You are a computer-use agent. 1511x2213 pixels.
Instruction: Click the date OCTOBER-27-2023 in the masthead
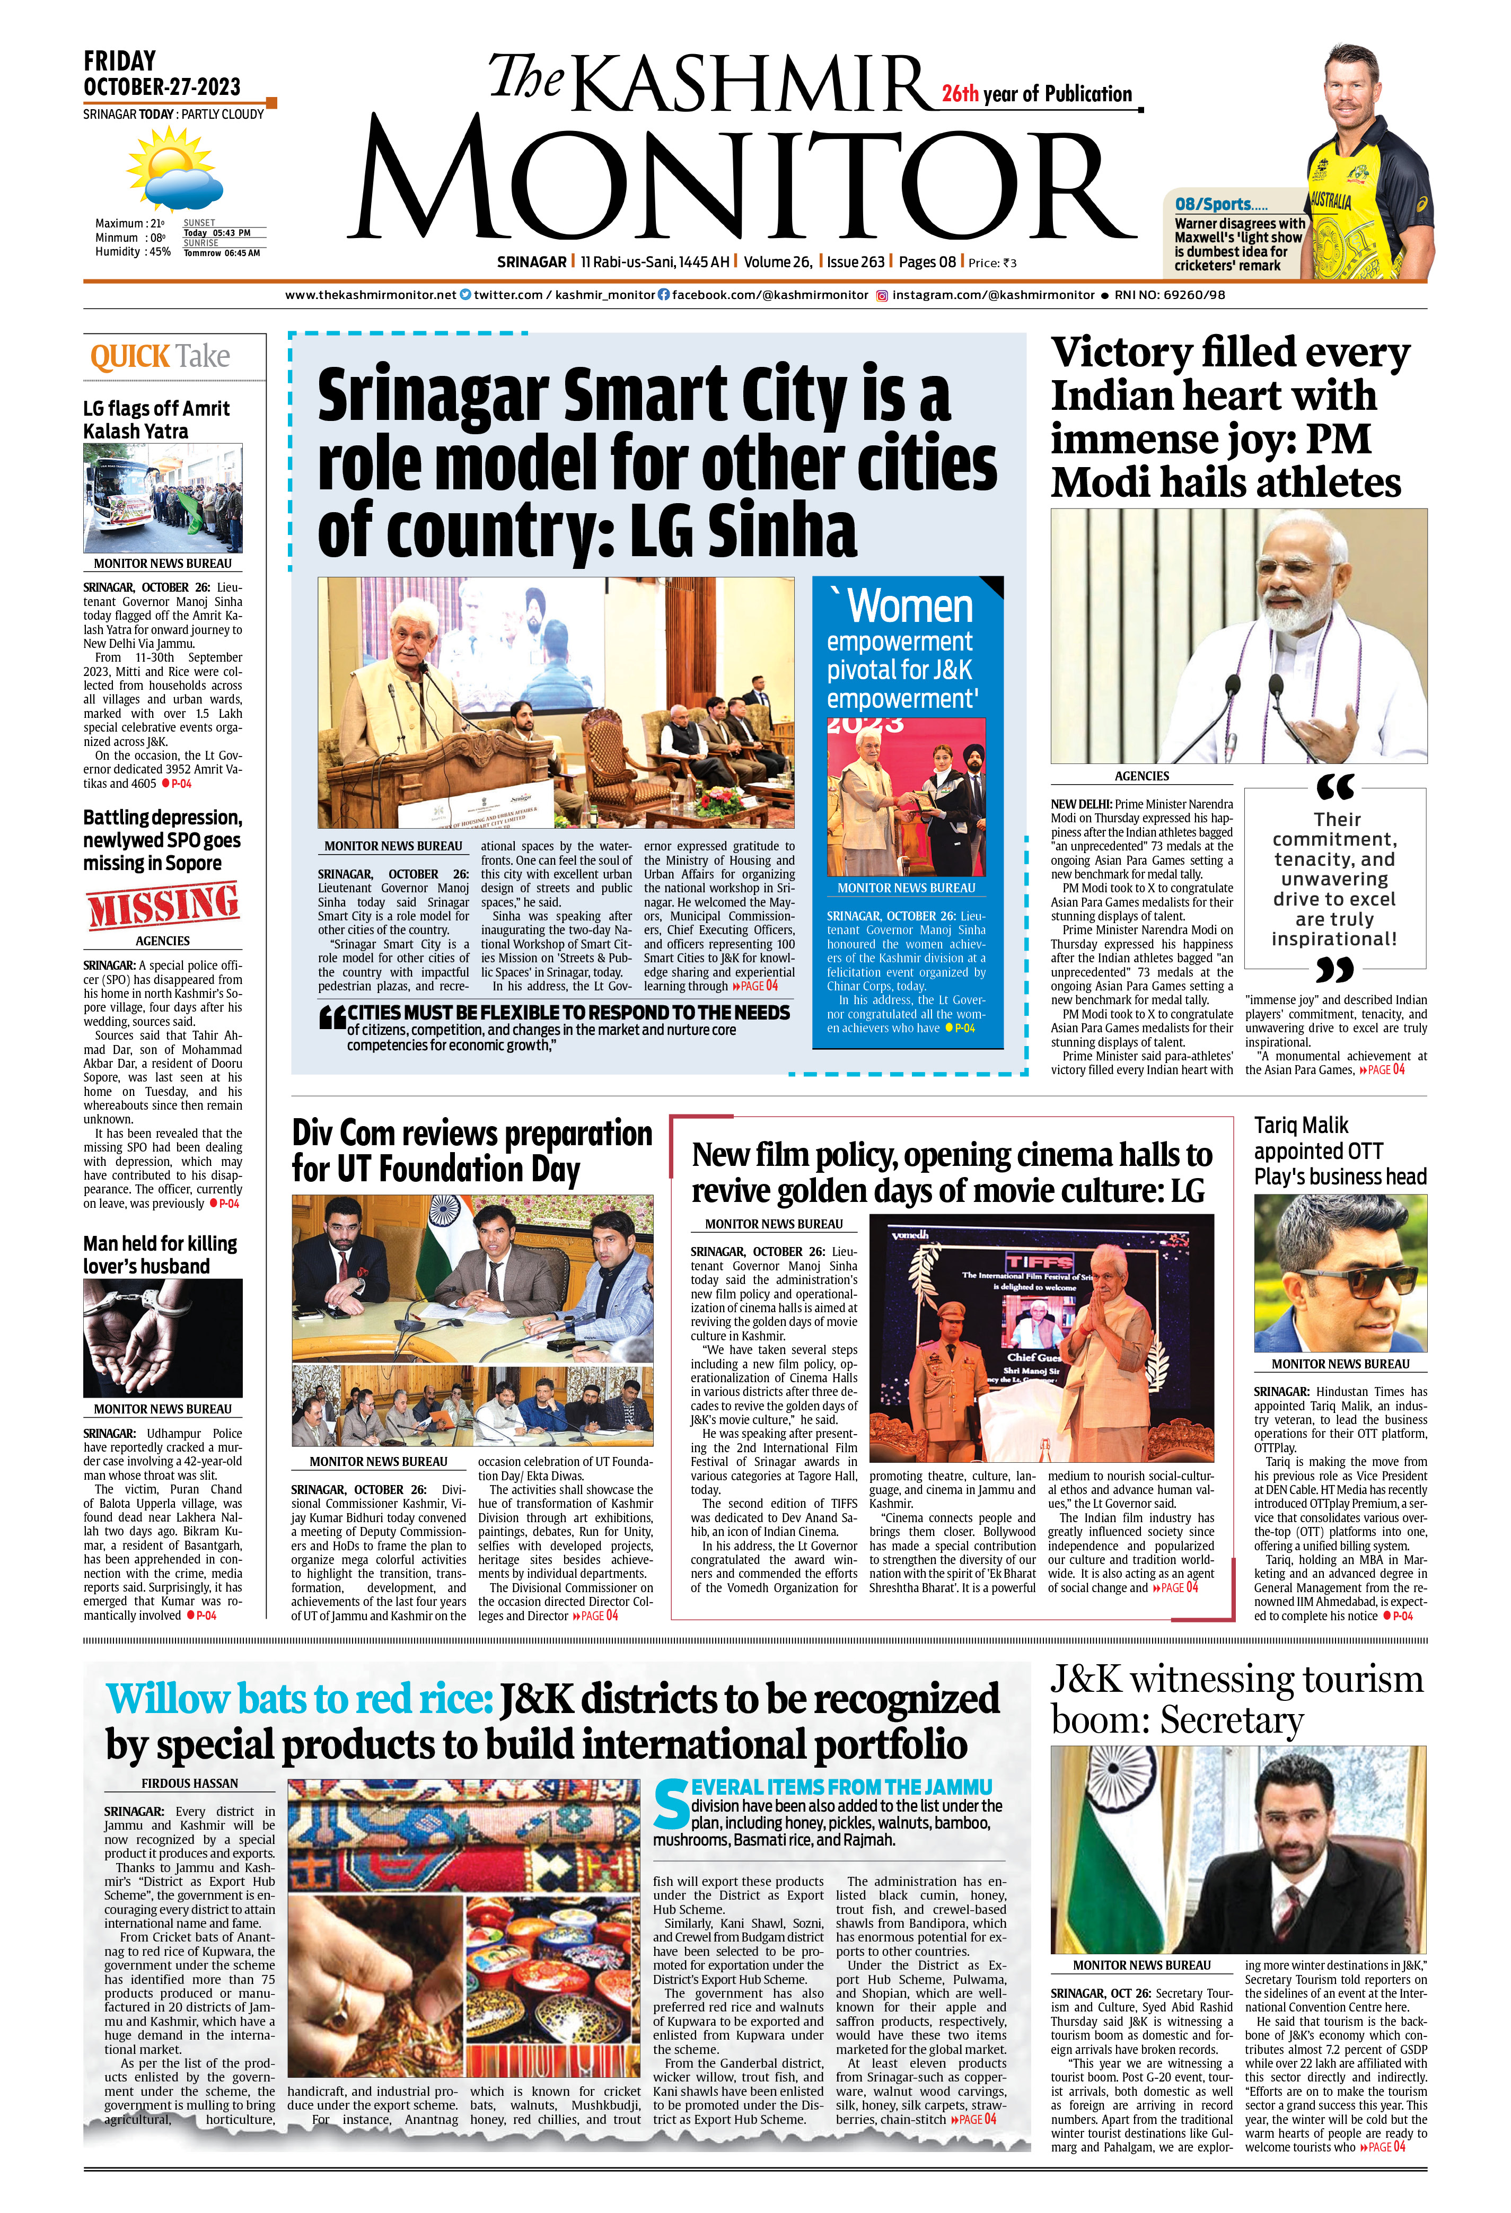tap(162, 86)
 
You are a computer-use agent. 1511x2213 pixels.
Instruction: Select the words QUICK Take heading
tap(160, 357)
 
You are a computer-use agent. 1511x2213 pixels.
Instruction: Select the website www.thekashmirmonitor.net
tap(371, 295)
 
